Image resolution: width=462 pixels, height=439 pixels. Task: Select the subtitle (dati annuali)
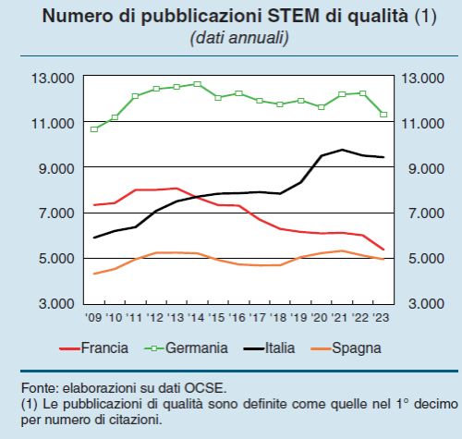[238, 38]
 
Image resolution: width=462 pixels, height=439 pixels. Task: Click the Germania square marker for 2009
[94, 128]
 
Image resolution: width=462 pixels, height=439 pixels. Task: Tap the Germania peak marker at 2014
[198, 84]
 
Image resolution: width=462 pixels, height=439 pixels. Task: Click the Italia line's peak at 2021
[342, 150]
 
